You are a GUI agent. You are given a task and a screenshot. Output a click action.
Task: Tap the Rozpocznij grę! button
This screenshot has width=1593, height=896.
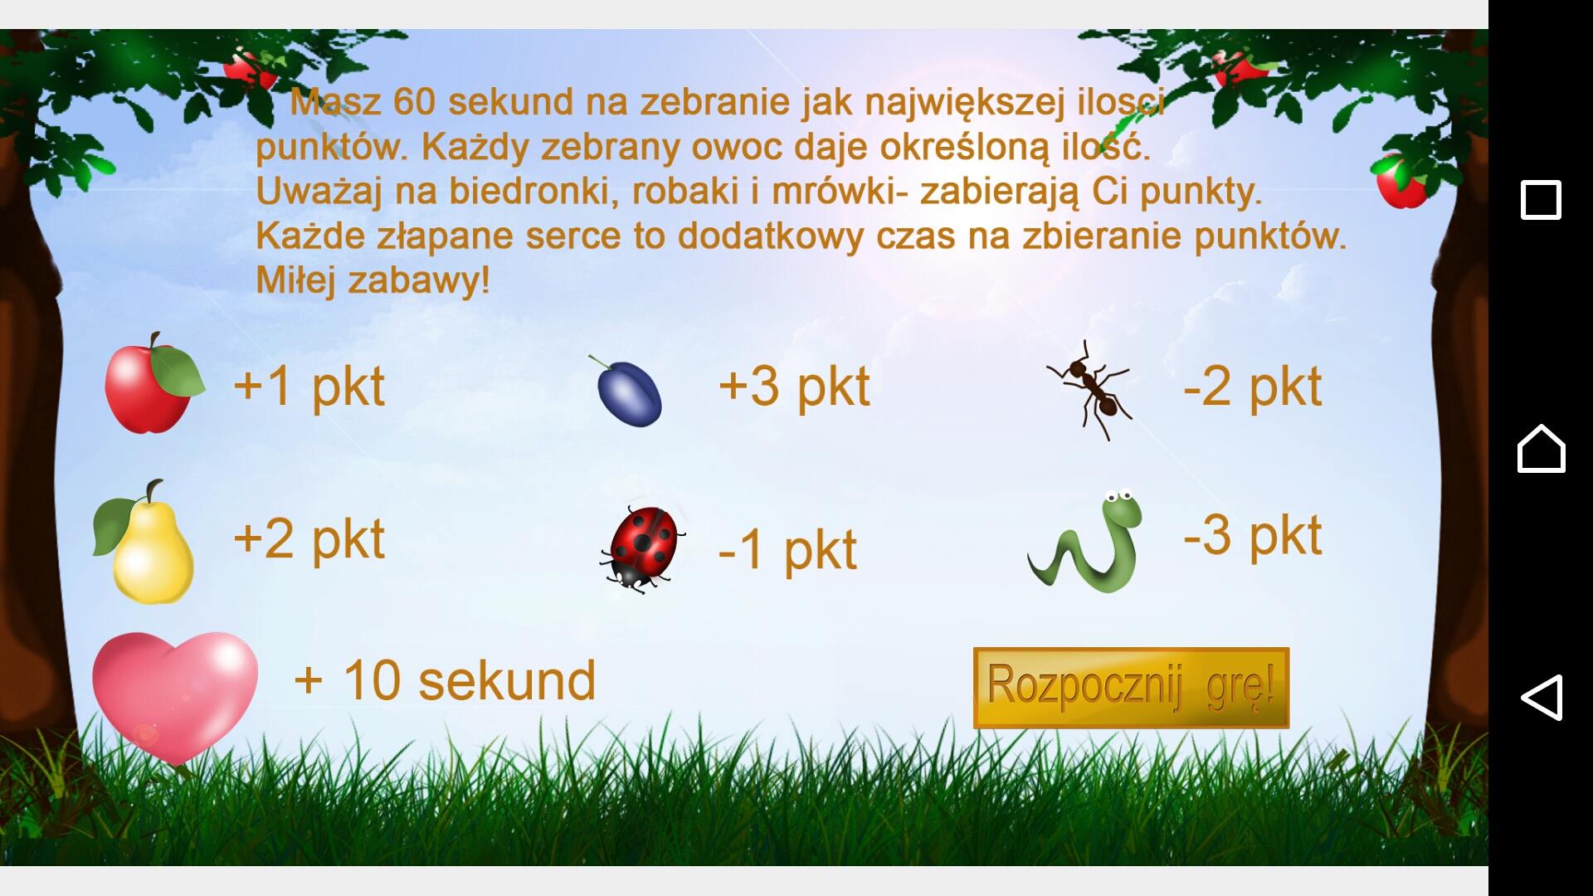(x=1131, y=688)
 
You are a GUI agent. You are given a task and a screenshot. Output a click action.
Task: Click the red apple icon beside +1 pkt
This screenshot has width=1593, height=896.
(x=153, y=383)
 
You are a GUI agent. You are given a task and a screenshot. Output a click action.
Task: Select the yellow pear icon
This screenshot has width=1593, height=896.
(x=144, y=541)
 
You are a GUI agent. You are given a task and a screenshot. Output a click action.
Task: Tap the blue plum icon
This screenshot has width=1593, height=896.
(x=627, y=391)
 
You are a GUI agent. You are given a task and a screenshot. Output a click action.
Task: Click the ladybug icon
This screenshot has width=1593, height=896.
(x=643, y=548)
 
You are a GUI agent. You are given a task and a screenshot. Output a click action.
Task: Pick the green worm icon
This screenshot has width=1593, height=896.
(x=1085, y=542)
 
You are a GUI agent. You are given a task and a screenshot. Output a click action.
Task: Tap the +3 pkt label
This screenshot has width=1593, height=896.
(x=794, y=387)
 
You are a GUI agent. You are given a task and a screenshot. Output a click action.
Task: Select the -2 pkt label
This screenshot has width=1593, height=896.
(x=1252, y=387)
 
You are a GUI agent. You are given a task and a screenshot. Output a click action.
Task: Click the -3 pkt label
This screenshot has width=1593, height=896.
(x=1252, y=536)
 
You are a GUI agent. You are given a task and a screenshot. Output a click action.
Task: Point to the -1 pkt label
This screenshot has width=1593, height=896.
(x=787, y=549)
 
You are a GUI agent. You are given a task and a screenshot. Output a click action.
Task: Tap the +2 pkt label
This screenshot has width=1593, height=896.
(x=309, y=539)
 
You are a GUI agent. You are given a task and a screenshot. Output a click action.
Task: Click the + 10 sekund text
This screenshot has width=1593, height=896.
(x=445, y=681)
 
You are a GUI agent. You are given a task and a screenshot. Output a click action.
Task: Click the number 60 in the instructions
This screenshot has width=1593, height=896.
(x=414, y=102)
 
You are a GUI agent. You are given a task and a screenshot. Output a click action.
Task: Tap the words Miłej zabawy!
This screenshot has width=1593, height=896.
(x=373, y=280)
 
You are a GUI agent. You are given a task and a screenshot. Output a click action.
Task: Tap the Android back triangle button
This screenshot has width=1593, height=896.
(x=1542, y=697)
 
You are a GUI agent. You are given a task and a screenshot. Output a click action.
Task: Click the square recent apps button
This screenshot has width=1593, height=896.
(x=1541, y=200)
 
